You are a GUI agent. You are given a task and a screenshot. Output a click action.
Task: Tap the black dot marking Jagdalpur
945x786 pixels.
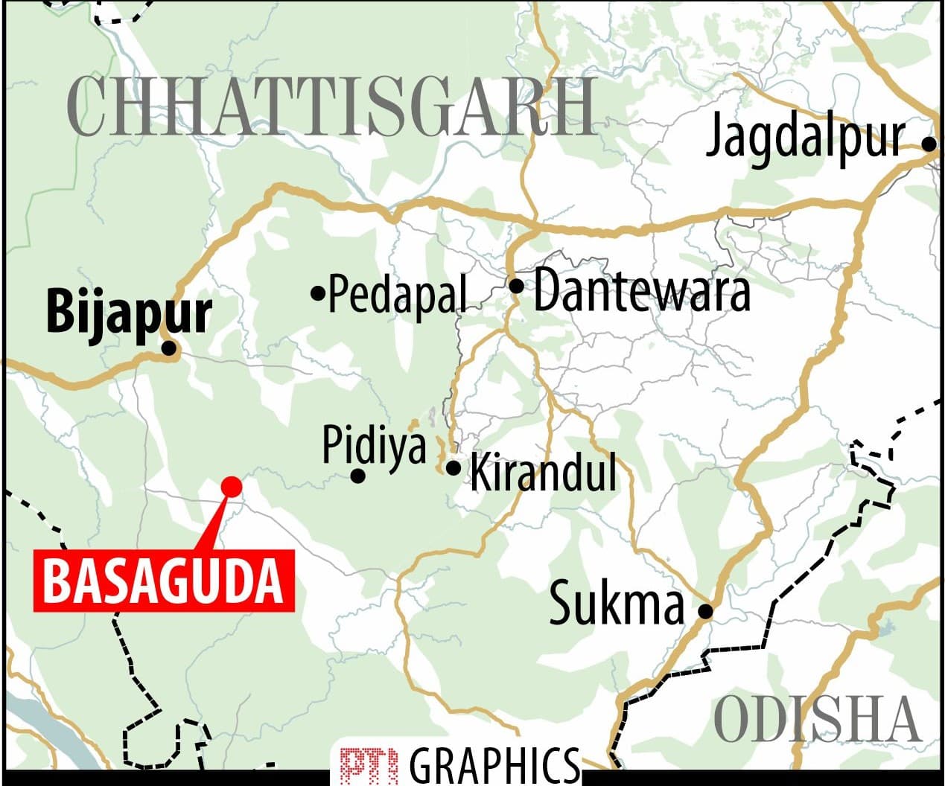(929, 144)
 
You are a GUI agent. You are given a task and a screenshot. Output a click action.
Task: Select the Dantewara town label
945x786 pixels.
(641, 291)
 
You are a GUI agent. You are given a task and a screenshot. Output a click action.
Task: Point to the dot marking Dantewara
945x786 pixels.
(516, 284)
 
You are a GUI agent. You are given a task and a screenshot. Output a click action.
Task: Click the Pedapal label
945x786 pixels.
(398, 295)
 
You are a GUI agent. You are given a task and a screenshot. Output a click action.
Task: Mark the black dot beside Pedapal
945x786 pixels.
(318, 293)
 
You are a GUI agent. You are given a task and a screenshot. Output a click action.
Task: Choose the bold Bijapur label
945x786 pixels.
(129, 313)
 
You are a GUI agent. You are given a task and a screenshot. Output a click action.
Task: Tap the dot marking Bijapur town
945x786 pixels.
(169, 348)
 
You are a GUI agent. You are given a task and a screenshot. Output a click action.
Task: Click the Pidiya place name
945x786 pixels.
(374, 444)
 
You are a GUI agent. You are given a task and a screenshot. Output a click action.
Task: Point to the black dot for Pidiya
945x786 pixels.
(358, 476)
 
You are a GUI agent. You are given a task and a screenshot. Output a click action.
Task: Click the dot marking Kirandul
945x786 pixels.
(453, 467)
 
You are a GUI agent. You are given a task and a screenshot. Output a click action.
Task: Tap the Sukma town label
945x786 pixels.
(616, 605)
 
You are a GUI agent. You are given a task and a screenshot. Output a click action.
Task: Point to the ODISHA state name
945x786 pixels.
(817, 720)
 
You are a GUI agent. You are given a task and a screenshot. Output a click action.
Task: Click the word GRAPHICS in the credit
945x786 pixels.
(494, 765)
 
